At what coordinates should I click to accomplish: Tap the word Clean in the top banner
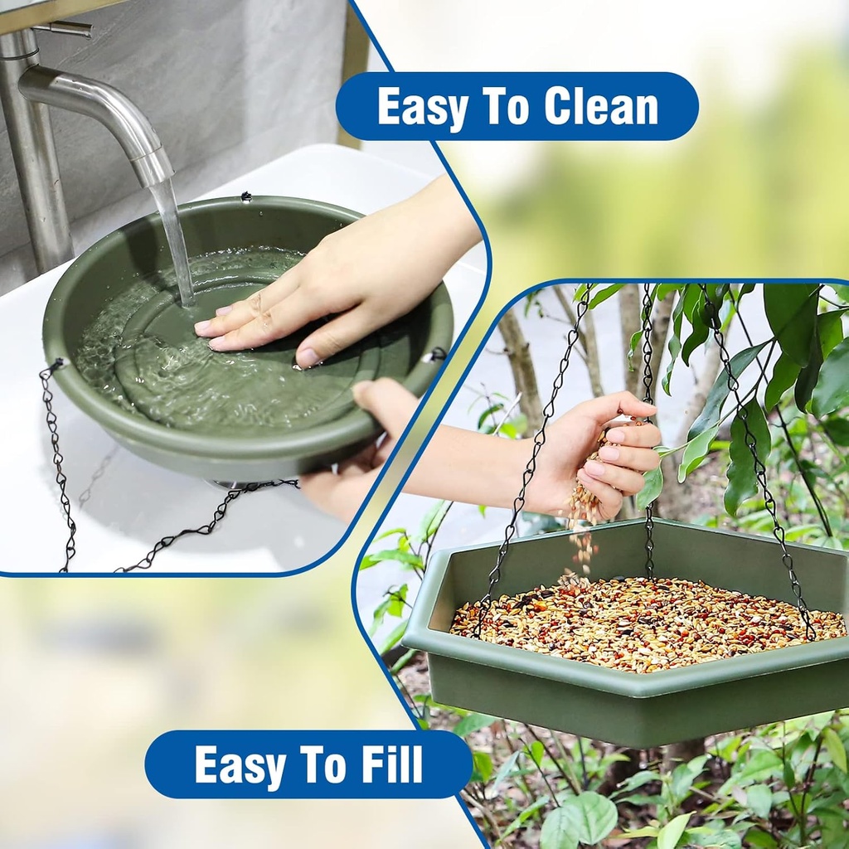(601, 107)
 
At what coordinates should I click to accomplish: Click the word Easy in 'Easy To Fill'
(240, 764)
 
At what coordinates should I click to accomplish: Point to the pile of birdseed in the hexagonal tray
(647, 622)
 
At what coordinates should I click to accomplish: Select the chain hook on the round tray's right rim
(434, 355)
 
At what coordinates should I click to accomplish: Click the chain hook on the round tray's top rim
(245, 197)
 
